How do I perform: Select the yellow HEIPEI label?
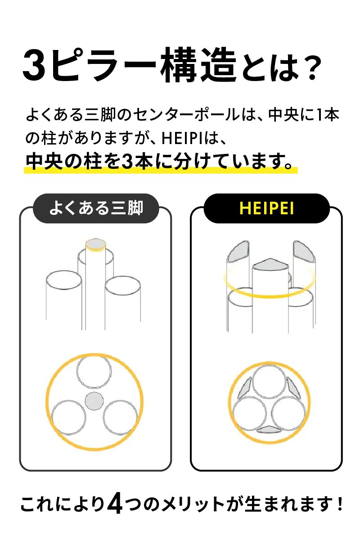pyautogui.click(x=266, y=208)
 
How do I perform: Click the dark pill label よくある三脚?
pyautogui.click(x=96, y=208)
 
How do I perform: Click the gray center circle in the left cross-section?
pyautogui.click(x=94, y=401)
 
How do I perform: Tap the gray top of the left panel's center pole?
pyautogui.click(x=95, y=244)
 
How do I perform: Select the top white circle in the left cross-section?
pyautogui.click(x=94, y=371)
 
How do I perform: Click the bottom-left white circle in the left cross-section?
pyautogui.click(x=68, y=417)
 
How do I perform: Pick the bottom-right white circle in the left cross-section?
pyautogui.click(x=120, y=417)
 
